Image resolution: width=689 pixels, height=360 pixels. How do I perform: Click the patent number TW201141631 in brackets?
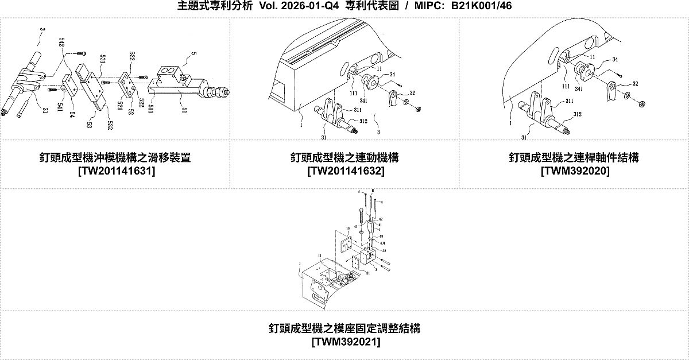click(115, 171)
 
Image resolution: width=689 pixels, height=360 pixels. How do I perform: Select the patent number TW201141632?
click(344, 171)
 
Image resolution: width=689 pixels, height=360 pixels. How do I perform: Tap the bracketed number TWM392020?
click(574, 171)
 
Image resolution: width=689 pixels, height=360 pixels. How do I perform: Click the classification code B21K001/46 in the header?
click(481, 6)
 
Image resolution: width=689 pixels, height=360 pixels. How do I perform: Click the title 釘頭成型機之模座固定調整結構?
click(344, 329)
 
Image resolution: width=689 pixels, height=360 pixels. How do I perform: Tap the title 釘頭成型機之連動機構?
click(344, 158)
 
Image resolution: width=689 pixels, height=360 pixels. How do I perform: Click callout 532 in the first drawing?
click(109, 123)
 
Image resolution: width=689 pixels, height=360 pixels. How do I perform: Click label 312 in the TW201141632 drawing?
click(363, 121)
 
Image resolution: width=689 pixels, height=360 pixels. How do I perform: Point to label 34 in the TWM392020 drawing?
click(614, 60)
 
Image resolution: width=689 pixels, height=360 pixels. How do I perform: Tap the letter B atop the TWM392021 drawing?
click(373, 190)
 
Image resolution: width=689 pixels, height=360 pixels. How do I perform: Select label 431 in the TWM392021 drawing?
click(382, 243)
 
